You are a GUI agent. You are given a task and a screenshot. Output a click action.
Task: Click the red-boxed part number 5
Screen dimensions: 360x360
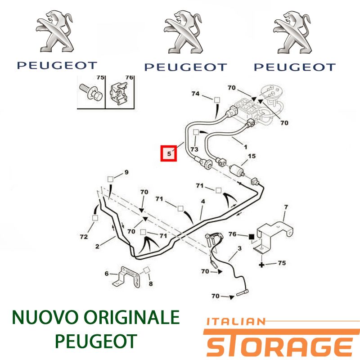(x=169, y=153)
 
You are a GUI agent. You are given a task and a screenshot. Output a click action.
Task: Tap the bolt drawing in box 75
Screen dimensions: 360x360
(x=91, y=92)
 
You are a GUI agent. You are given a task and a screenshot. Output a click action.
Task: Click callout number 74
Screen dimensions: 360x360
(x=195, y=94)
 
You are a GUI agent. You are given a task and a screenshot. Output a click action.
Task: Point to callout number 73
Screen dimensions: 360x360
(x=194, y=149)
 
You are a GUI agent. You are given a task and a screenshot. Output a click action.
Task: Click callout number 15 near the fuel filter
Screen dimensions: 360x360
(x=252, y=156)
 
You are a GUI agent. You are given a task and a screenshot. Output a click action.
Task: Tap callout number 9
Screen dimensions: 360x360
(x=126, y=172)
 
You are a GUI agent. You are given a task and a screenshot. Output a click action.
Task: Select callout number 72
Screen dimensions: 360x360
(x=84, y=237)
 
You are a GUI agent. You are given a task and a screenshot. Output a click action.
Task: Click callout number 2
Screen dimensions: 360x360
(x=97, y=246)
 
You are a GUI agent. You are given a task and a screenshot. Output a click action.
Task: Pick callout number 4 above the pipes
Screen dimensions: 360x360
(x=203, y=201)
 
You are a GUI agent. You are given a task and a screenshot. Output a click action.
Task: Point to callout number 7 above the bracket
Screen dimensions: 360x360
(x=286, y=207)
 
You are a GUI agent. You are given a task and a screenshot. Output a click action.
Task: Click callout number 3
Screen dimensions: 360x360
(x=240, y=248)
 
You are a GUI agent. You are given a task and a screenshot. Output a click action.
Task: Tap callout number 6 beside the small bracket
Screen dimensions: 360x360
(x=107, y=274)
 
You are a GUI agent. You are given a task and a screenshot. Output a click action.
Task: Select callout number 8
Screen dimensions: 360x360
(x=151, y=284)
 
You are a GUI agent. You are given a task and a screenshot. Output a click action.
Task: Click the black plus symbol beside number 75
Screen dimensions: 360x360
(x=261, y=265)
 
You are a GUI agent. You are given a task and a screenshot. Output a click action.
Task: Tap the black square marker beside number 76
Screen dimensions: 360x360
(x=252, y=236)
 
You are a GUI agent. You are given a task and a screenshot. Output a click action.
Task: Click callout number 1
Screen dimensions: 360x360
(x=245, y=147)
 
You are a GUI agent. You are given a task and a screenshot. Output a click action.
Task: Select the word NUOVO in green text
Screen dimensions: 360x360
(x=42, y=317)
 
